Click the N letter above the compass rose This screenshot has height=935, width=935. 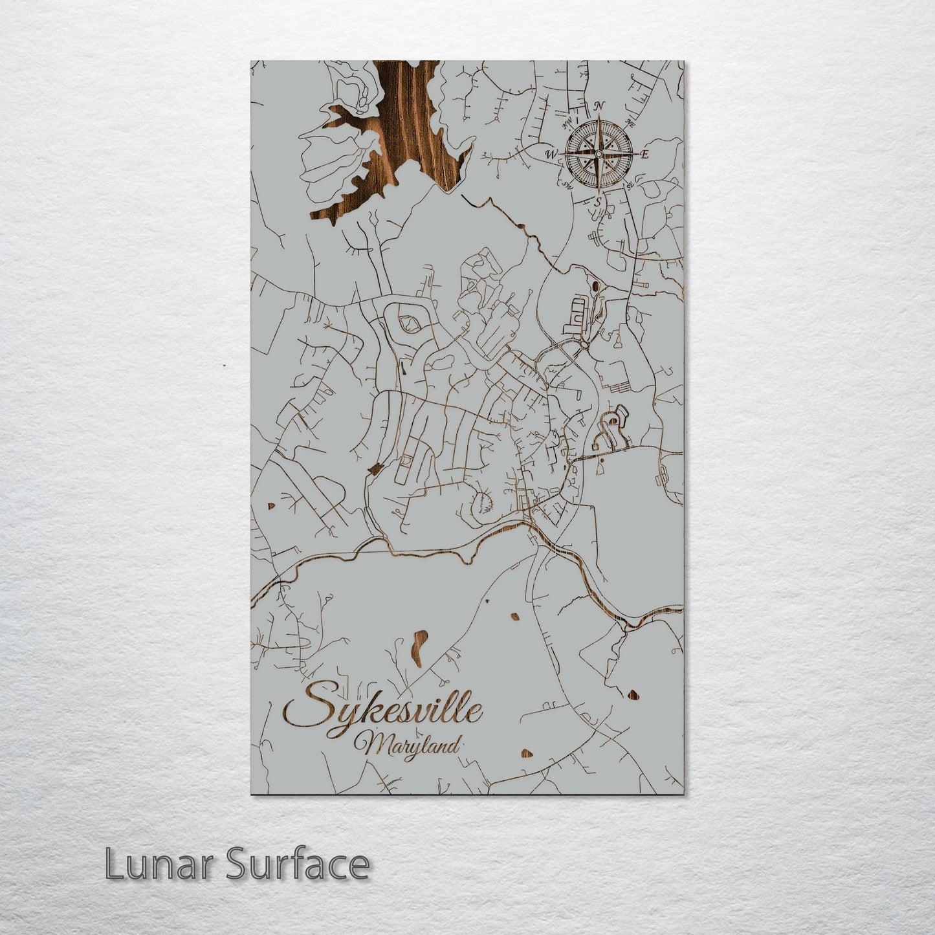pyautogui.click(x=600, y=105)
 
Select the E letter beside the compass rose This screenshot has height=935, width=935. pyautogui.click(x=644, y=155)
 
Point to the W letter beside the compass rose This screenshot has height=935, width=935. pyautogui.click(x=551, y=154)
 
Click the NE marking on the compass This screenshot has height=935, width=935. pyautogui.click(x=631, y=123)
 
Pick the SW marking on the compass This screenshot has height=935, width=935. pyautogui.click(x=567, y=186)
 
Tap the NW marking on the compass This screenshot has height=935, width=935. pyautogui.click(x=568, y=121)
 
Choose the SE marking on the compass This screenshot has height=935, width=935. pyautogui.click(x=630, y=186)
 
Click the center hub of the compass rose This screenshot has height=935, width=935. pyautogui.click(x=598, y=154)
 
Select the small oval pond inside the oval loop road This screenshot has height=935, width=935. pyautogui.click(x=408, y=321)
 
